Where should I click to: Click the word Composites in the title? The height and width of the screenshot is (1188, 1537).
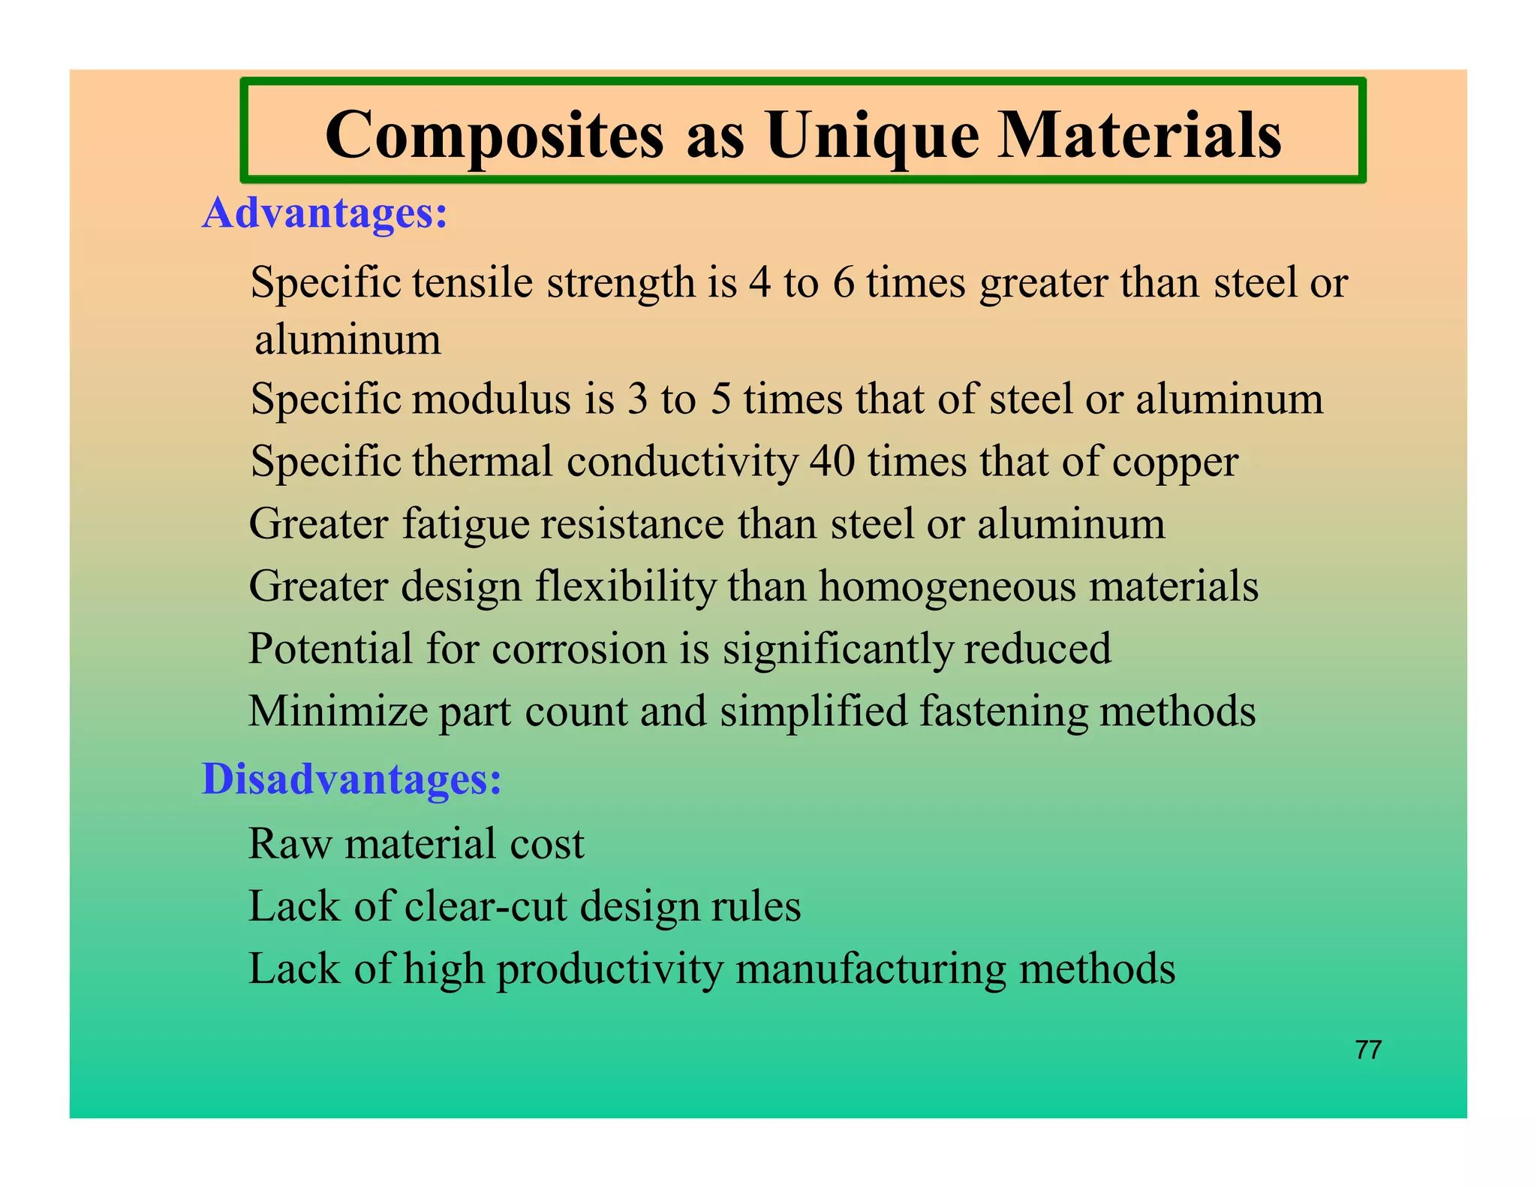(495, 136)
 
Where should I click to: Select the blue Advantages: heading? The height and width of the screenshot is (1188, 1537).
(325, 213)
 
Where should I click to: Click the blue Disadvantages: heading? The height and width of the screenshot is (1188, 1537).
(351, 779)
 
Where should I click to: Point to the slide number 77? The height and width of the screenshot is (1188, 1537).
(1368, 1050)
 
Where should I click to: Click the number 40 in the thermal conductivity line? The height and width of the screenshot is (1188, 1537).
(832, 461)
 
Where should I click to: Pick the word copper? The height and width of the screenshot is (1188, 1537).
(1175, 463)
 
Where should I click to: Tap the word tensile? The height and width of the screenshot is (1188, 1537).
(472, 283)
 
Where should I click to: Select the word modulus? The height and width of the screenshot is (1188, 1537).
(491, 399)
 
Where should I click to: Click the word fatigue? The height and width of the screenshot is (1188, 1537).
(466, 525)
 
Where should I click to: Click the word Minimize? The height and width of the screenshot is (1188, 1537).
(337, 711)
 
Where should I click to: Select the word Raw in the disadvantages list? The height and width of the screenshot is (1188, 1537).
(290, 844)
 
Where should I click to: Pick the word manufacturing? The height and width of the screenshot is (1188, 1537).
(871, 969)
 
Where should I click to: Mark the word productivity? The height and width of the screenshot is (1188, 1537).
(609, 969)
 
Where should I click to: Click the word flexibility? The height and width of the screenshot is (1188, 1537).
(626, 586)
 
